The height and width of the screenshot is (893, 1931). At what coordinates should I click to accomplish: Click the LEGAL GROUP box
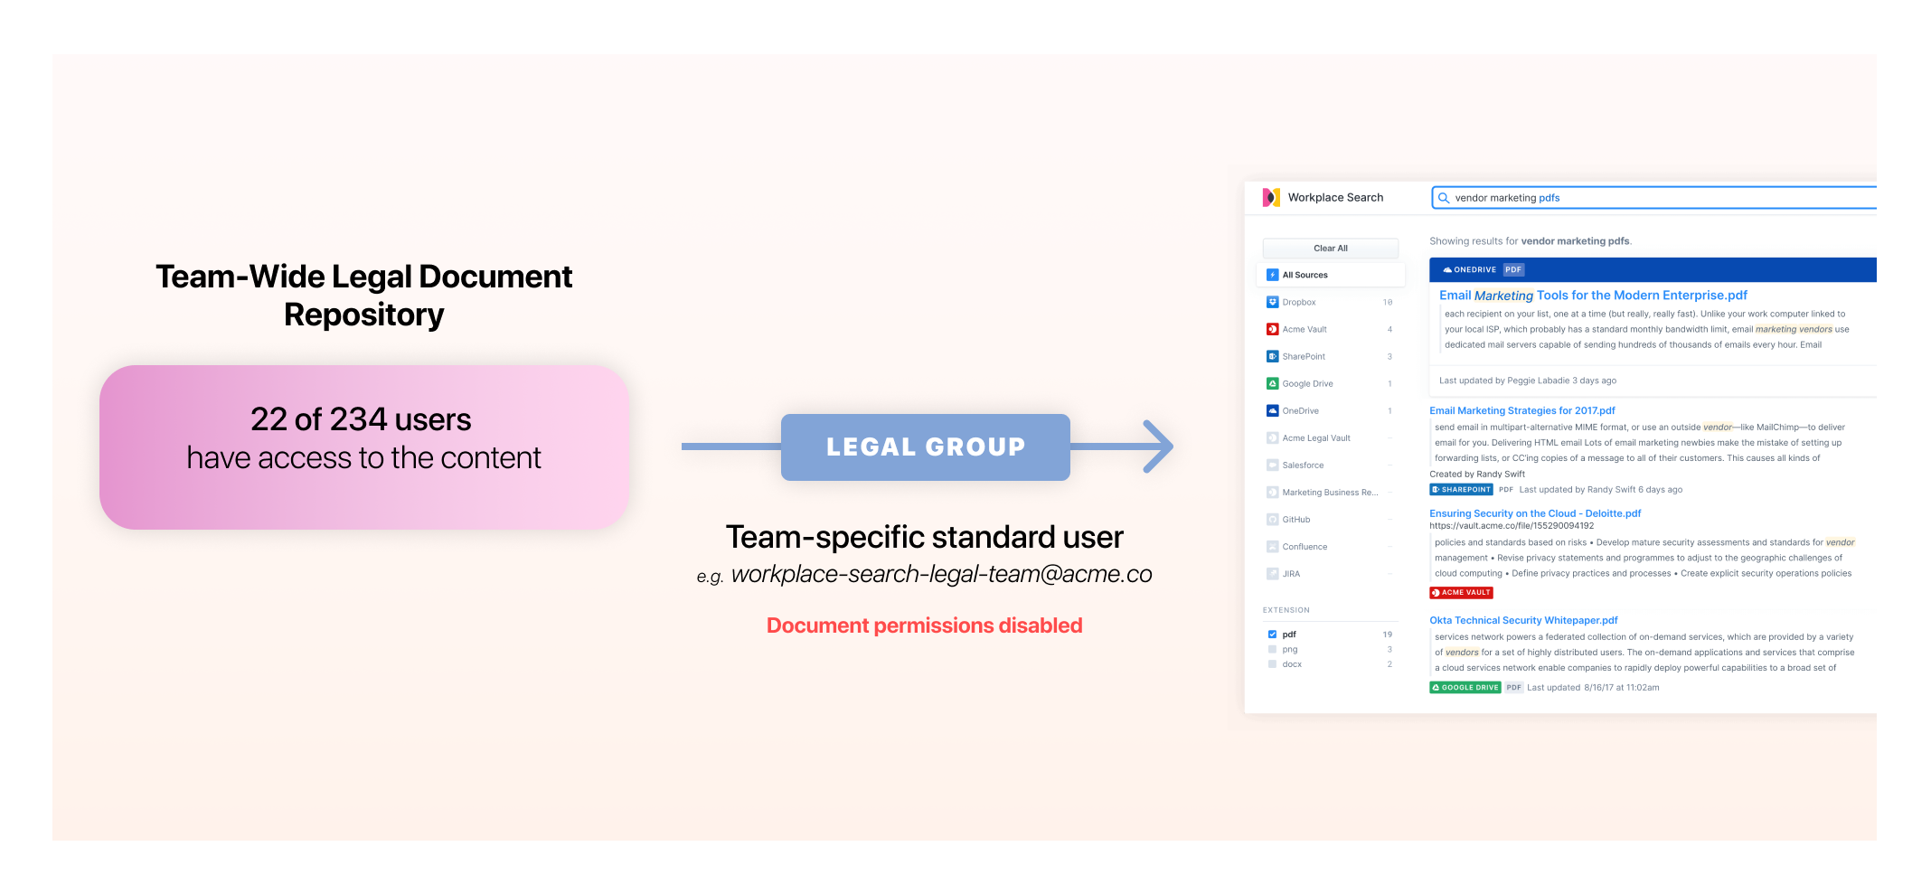tap(925, 446)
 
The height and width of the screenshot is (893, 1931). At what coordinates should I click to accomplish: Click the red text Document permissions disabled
tap(924, 625)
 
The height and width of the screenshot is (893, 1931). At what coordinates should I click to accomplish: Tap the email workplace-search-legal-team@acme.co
tap(941, 575)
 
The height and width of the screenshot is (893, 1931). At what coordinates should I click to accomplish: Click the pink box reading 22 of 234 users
tap(363, 446)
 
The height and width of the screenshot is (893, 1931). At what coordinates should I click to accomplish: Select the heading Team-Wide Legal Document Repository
tap(363, 296)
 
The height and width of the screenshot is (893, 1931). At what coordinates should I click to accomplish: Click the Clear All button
tap(1330, 249)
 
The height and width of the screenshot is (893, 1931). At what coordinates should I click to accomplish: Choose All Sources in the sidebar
tap(1305, 275)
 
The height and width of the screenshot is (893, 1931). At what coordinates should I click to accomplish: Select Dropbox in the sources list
tap(1298, 302)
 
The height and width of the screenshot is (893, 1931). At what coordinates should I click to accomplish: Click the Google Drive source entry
tap(1307, 383)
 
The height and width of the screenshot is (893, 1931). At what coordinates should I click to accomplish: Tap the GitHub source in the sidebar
tap(1295, 520)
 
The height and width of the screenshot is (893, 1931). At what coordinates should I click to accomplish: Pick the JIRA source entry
tap(1291, 574)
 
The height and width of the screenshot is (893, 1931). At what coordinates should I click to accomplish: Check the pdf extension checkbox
tap(1272, 634)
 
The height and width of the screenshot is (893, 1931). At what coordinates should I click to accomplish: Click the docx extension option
tap(1292, 664)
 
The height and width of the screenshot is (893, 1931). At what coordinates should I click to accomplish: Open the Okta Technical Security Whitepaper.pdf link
tap(1523, 620)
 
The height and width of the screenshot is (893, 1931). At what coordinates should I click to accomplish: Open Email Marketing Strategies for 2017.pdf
tap(1521, 410)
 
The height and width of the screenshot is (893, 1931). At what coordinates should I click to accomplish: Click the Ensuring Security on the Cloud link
tap(1534, 513)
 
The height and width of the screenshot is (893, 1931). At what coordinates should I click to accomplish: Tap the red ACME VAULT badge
tap(1461, 593)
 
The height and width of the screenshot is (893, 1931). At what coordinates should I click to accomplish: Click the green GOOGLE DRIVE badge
tap(1465, 688)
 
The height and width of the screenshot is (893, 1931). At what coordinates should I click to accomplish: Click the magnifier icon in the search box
tap(1444, 198)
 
